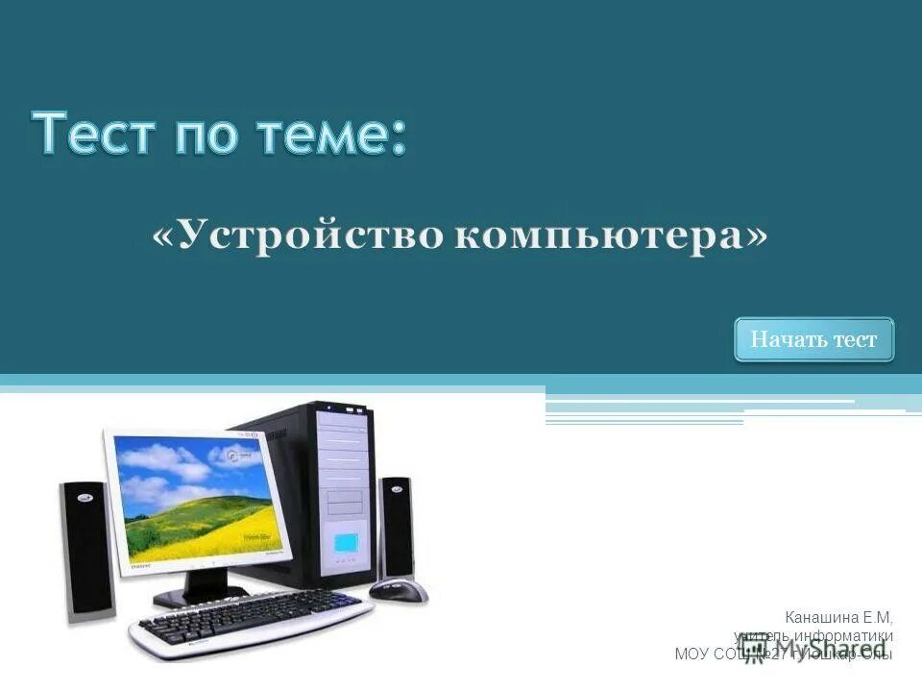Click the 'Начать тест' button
tap(813, 339)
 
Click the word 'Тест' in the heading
tap(94, 134)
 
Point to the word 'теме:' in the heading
tap(331, 134)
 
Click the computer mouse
tap(399, 588)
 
